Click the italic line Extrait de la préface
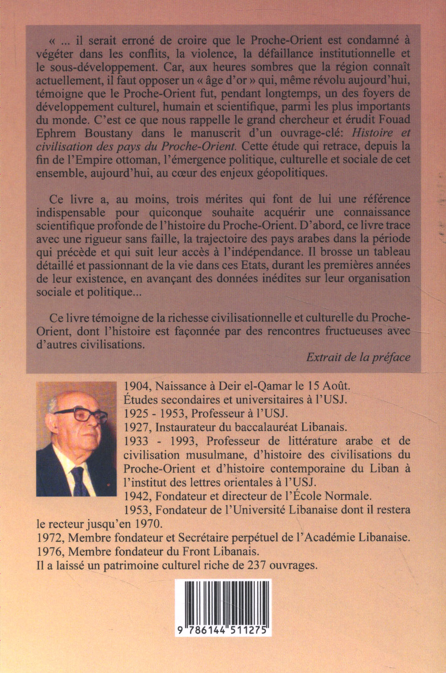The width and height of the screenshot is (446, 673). pos(358,357)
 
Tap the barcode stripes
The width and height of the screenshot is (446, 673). pos(226,604)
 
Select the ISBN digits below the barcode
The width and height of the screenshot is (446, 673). pos(226,631)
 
